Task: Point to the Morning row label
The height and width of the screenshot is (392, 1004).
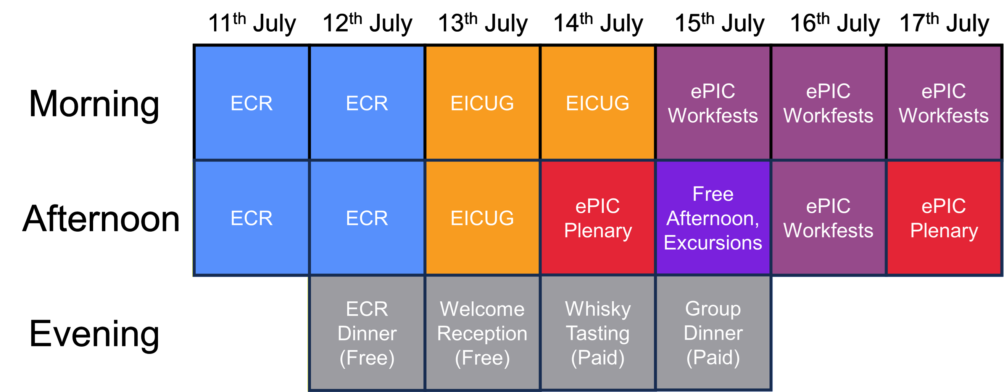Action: click(x=94, y=104)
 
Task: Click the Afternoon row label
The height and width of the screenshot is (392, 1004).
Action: click(x=101, y=219)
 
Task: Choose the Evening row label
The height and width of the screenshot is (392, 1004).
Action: click(x=94, y=334)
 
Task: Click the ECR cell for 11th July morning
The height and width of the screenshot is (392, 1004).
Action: click(x=251, y=103)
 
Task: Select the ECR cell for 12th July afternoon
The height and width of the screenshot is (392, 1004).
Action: click(x=367, y=218)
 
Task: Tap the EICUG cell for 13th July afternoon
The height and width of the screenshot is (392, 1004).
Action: click(x=482, y=218)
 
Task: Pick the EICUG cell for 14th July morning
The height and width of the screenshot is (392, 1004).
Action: click(x=598, y=103)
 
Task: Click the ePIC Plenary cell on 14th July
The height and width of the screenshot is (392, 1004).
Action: click(x=598, y=218)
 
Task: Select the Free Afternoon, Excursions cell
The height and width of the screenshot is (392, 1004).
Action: click(x=713, y=218)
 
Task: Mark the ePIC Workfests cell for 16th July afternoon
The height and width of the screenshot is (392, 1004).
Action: click(x=828, y=218)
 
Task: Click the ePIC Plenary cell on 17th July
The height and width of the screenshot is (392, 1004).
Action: click(x=944, y=218)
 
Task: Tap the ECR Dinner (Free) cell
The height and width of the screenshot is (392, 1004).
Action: click(x=367, y=333)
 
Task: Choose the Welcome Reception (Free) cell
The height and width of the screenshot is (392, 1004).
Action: click(x=482, y=333)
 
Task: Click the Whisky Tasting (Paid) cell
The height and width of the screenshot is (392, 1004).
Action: click(x=598, y=333)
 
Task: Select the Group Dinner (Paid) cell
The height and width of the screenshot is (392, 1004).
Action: click(x=713, y=333)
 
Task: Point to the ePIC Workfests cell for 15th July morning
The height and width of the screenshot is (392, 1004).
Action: click(x=713, y=103)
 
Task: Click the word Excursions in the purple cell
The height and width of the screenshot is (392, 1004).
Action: click(x=713, y=243)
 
